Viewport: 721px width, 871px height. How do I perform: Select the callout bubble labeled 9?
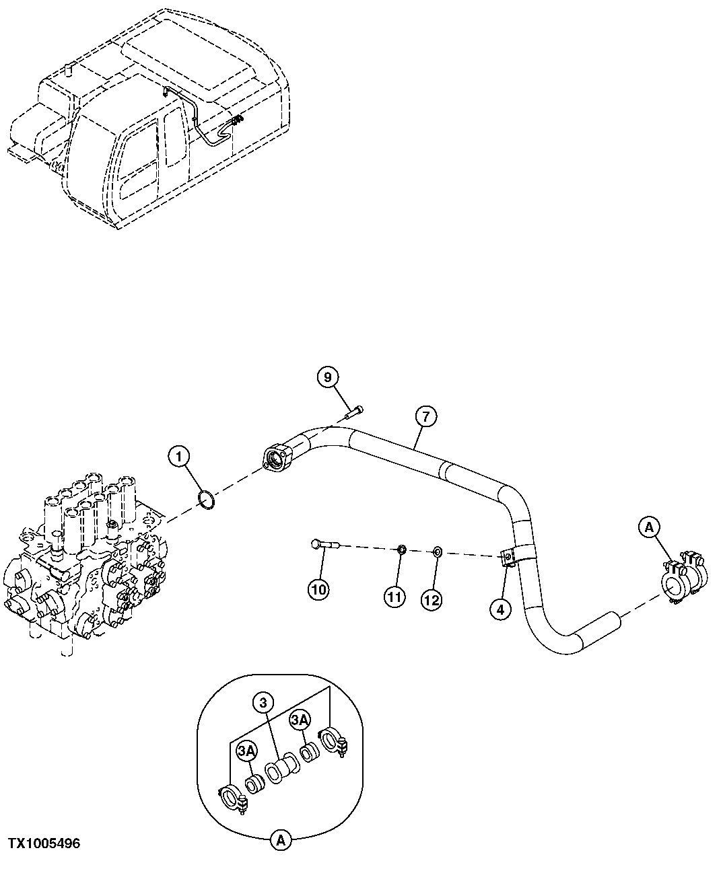click(328, 377)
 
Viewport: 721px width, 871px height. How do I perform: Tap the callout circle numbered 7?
click(425, 417)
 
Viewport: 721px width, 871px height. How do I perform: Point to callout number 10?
click(318, 590)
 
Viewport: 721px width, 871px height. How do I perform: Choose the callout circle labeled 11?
click(394, 596)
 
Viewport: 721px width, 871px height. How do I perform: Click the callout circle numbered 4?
click(500, 609)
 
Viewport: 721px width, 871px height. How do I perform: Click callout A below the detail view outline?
click(281, 839)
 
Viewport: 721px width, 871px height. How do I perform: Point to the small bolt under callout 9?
click(353, 412)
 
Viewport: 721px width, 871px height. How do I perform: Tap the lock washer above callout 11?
click(401, 550)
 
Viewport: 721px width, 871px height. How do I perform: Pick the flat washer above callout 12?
click(436, 552)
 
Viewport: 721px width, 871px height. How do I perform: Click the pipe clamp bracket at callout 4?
click(508, 558)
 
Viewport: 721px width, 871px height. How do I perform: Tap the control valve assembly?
click(84, 565)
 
